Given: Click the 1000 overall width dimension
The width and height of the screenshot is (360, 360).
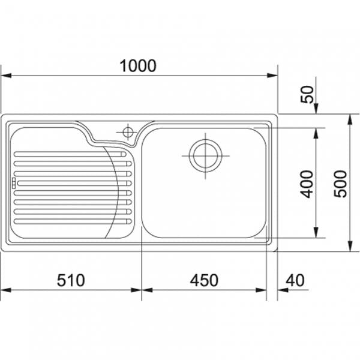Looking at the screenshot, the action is [138, 65].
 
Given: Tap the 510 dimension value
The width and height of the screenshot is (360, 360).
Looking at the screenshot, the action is [71, 280].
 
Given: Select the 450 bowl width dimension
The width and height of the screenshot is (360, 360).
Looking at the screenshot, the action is [204, 280].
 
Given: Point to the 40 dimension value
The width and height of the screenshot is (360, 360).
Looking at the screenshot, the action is [295, 280].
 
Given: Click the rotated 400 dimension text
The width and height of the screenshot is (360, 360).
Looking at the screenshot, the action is [307, 184].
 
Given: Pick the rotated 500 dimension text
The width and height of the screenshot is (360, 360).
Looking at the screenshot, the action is [340, 184].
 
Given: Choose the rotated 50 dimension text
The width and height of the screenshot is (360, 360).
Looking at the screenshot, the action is [307, 94].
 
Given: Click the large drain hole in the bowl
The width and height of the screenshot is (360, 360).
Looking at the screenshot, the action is [205, 155].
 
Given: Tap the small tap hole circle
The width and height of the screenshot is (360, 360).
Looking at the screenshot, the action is [128, 132].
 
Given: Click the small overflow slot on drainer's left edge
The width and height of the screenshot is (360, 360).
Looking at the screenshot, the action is [14, 183].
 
